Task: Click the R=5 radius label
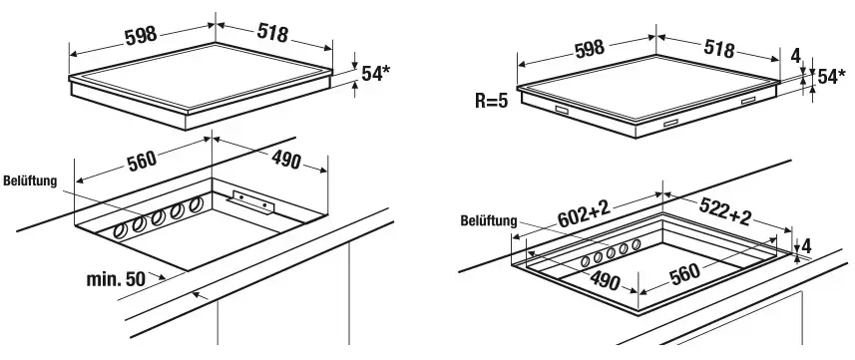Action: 491,101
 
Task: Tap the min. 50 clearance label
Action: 116,279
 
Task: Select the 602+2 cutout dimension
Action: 583,213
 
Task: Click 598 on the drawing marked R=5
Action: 590,48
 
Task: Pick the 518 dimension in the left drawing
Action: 272,33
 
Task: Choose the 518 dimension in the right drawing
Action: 719,49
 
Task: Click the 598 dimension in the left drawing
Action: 141,36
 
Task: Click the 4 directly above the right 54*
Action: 796,56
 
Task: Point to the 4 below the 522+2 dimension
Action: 806,246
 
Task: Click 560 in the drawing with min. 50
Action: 142,161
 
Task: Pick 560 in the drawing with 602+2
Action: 684,274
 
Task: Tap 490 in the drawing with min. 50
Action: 285,160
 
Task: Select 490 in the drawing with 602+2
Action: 605,281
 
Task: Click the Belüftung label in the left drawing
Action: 30,180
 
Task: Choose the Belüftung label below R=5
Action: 489,220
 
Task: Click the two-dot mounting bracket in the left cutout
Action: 253,200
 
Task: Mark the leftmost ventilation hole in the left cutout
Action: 120,231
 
